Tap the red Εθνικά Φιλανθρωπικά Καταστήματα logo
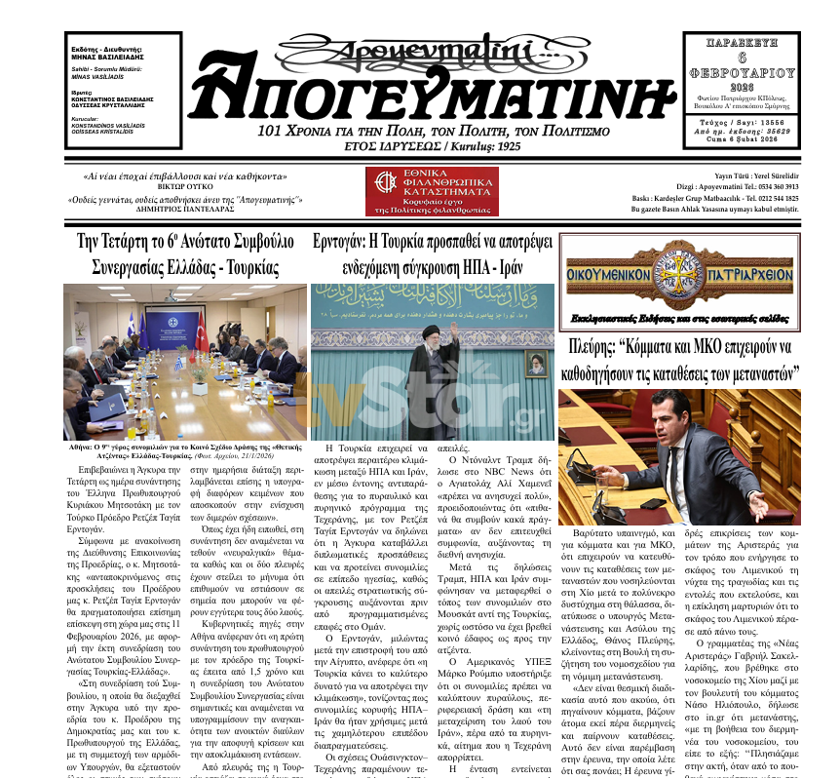tap(432, 192)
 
